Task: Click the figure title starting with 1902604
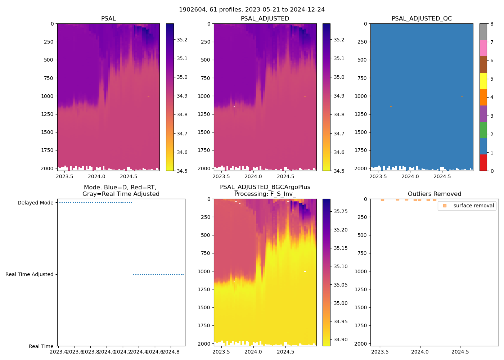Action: tap(252, 9)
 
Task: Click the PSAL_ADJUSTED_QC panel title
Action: tap(422, 18)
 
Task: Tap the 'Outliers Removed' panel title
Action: tap(434, 194)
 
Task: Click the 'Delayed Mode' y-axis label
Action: tap(35, 203)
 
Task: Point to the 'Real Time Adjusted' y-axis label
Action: tap(29, 274)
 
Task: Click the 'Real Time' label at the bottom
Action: tap(41, 346)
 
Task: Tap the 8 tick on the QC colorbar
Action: tap(492, 24)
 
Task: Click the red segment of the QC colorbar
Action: tap(483, 163)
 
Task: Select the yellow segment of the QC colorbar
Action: tap(483, 81)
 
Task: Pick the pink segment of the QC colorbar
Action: tap(483, 48)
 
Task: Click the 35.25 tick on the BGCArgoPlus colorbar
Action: tap(340, 211)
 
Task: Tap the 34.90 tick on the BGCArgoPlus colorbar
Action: tap(340, 339)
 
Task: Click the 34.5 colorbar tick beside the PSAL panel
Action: tap(182, 171)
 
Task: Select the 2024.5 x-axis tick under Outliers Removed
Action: tap(460, 351)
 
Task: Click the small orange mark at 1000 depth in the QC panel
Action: tap(462, 96)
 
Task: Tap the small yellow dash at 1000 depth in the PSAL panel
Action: tap(148, 96)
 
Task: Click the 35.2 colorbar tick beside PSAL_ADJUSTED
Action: tap(339, 40)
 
